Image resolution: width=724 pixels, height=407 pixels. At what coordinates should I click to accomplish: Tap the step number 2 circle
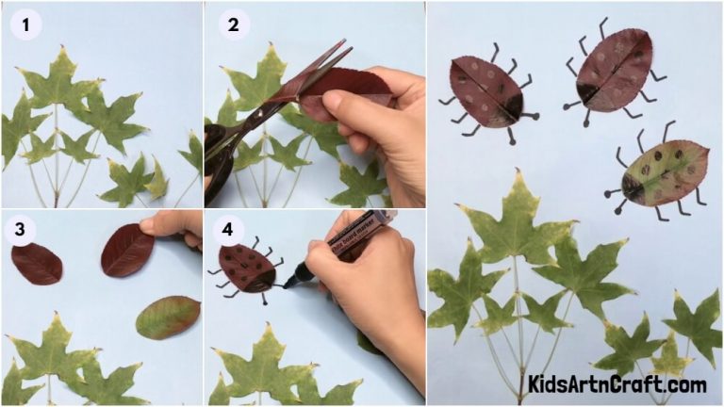coord(232,24)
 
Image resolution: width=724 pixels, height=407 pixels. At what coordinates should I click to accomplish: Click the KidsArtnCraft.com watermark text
coord(617,384)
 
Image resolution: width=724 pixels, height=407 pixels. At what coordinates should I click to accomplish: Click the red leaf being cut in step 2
coord(339,90)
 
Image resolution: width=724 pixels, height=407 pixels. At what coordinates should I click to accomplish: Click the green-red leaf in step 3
coord(167,317)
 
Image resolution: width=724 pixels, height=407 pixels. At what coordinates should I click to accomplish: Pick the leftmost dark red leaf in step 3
coord(37,263)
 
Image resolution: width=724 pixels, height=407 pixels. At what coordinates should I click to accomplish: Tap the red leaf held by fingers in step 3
coord(127,250)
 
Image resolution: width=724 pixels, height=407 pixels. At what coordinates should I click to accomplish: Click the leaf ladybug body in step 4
coord(247,269)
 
